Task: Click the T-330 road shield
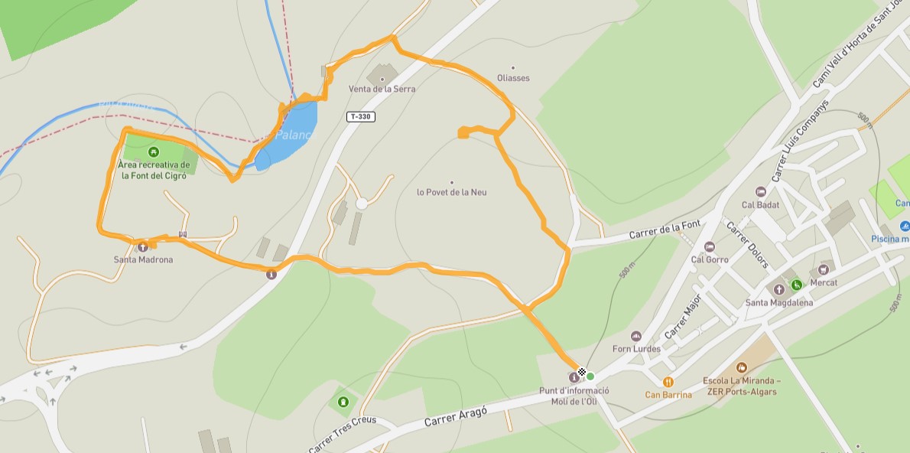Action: click(x=361, y=116)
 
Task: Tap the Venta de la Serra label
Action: click(x=382, y=89)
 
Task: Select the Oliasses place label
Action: click(x=513, y=78)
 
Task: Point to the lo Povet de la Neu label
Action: click(x=451, y=192)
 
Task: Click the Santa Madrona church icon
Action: click(x=142, y=246)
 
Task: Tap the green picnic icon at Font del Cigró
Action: click(x=154, y=152)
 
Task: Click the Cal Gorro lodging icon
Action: click(x=709, y=246)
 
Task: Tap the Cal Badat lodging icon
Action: click(x=760, y=191)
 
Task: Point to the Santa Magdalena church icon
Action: click(x=778, y=289)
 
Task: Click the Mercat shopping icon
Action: click(x=823, y=269)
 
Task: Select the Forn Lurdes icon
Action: click(x=635, y=336)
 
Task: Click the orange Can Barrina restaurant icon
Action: click(x=668, y=381)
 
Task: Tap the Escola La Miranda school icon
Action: click(x=741, y=368)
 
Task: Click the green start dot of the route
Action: click(x=590, y=376)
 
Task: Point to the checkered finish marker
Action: click(x=582, y=373)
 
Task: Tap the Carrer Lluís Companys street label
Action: click(x=801, y=139)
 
